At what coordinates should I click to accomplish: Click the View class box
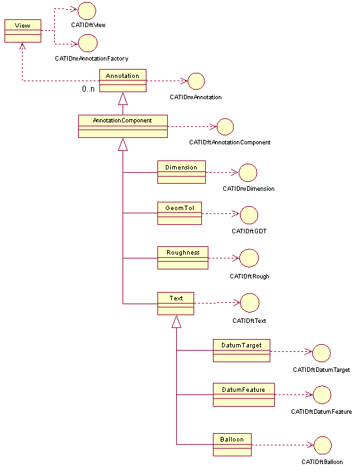click(x=23, y=31)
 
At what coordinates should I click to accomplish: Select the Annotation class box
click(x=123, y=81)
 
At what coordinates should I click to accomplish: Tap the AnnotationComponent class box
click(x=123, y=126)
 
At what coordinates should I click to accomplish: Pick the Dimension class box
click(x=181, y=172)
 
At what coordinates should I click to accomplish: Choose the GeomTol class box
click(x=179, y=213)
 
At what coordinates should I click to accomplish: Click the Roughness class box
click(x=183, y=258)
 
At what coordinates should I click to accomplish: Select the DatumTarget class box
click(x=241, y=351)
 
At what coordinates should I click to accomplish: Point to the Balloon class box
click(x=232, y=445)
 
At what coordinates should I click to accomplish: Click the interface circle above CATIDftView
click(x=87, y=11)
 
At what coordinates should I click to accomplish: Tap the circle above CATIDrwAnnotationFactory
click(x=88, y=43)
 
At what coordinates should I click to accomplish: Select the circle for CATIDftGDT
click(x=249, y=215)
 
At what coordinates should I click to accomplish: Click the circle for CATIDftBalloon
click(x=323, y=445)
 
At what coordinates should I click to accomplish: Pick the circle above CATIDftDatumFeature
click(x=322, y=394)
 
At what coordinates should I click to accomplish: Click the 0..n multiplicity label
click(x=88, y=89)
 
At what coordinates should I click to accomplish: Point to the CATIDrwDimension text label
click(x=248, y=189)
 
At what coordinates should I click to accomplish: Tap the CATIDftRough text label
click(x=249, y=276)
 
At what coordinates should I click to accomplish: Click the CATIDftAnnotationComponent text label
click(x=230, y=142)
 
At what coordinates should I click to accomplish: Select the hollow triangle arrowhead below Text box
click(x=176, y=322)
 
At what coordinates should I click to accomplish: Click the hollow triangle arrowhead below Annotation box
click(x=123, y=99)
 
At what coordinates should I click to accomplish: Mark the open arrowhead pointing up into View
click(x=22, y=46)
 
